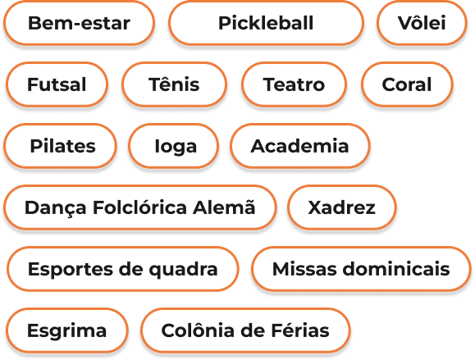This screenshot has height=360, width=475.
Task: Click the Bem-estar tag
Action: (x=79, y=23)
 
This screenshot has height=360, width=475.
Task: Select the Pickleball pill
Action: (x=266, y=23)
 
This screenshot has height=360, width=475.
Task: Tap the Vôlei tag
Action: (x=422, y=23)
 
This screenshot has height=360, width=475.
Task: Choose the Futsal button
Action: (x=57, y=84)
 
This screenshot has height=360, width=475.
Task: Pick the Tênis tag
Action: (x=174, y=84)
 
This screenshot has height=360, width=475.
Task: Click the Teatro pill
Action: (x=294, y=84)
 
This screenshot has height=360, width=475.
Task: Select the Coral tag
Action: (x=407, y=84)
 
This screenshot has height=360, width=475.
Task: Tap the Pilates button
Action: (x=60, y=146)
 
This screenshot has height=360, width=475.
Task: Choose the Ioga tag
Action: (x=173, y=146)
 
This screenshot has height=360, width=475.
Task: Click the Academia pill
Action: (x=300, y=146)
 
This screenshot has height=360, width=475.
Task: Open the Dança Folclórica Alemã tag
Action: (x=140, y=207)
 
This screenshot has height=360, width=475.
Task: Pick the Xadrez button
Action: (x=342, y=207)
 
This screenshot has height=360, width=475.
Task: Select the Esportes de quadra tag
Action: (x=123, y=269)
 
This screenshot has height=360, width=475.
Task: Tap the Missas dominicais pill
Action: (x=361, y=269)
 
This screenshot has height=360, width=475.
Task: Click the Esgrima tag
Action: (x=66, y=330)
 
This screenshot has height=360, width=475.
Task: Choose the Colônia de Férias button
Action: (x=245, y=330)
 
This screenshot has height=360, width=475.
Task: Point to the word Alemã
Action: (x=224, y=207)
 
